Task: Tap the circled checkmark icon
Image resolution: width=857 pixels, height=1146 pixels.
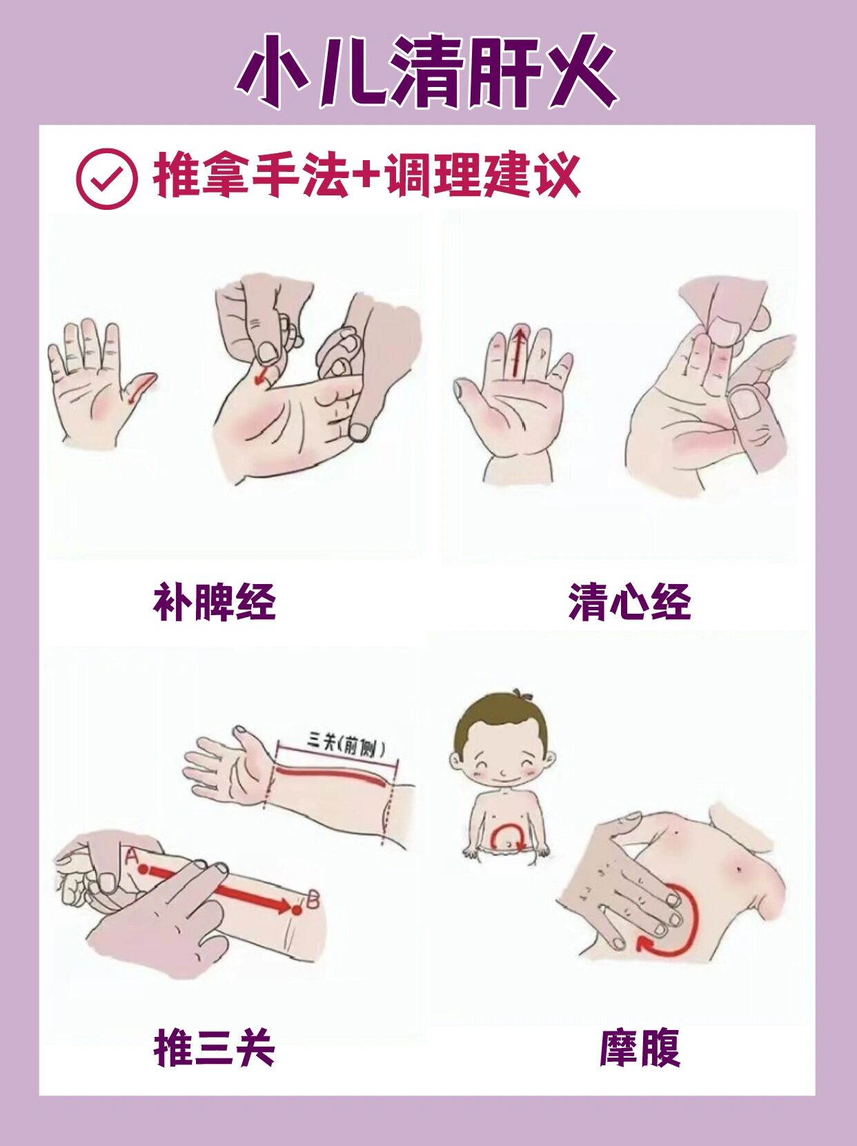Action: coord(106,179)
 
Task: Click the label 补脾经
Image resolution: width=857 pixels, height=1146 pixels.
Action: coord(214,602)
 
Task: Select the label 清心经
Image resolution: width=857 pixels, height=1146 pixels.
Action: coord(629,602)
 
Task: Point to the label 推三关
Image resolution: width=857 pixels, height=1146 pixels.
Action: coord(214,1048)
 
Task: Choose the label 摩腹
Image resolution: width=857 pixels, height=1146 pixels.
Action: coord(640,1048)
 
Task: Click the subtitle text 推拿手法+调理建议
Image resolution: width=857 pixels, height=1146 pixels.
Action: coord(366,177)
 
